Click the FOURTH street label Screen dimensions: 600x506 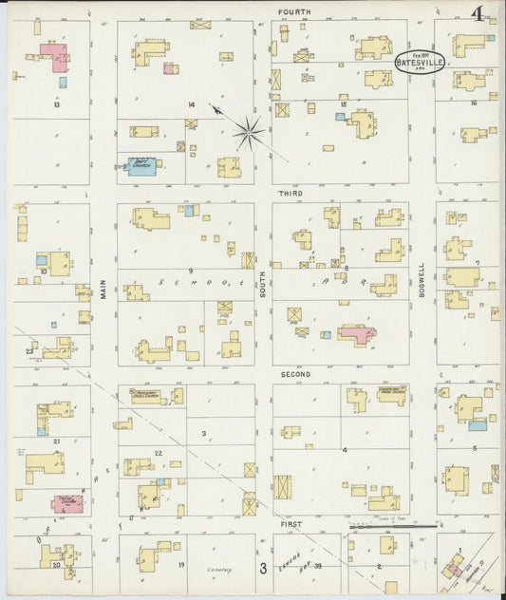pos(294,11)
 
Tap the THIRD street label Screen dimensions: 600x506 pos(290,193)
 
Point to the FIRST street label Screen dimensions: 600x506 pos(290,523)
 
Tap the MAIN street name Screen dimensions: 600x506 pos(103,288)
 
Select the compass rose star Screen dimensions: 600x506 pos(249,132)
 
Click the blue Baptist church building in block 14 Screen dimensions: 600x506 pos(141,165)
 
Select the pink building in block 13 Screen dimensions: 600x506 pos(55,57)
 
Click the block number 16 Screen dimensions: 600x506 pos(473,103)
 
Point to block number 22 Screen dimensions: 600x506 pos(159,452)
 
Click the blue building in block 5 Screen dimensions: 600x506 pos(478,424)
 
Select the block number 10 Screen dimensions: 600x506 pos(43,271)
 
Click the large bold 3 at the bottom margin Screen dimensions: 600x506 pos(263,570)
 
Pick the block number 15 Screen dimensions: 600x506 pos(344,103)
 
